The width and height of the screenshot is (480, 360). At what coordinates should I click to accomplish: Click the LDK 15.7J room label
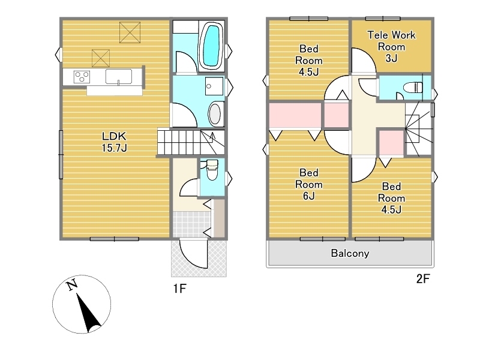click(x=114, y=142)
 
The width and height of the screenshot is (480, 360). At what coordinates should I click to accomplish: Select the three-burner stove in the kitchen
click(x=82, y=77)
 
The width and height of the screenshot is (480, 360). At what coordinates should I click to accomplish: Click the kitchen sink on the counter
click(x=119, y=77)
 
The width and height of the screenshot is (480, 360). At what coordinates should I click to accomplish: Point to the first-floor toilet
click(x=212, y=170)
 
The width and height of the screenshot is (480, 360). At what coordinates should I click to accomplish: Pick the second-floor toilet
click(x=413, y=88)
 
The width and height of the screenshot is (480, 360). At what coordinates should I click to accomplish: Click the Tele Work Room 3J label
click(x=392, y=47)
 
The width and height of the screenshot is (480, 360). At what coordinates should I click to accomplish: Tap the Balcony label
click(x=350, y=253)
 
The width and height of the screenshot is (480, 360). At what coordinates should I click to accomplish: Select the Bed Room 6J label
click(x=308, y=184)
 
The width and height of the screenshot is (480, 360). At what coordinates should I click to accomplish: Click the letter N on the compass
click(x=72, y=286)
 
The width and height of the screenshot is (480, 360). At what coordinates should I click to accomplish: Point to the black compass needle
click(x=88, y=313)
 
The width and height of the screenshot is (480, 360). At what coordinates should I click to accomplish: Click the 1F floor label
click(x=179, y=289)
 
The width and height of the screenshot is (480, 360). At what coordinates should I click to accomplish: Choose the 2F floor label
click(x=423, y=279)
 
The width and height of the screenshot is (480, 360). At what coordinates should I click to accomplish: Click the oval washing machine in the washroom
click(x=215, y=114)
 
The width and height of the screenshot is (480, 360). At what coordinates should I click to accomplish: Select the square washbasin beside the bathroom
click(x=214, y=86)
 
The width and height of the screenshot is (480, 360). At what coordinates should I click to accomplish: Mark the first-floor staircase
click(x=191, y=142)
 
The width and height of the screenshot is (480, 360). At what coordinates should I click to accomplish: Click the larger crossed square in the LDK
click(x=130, y=32)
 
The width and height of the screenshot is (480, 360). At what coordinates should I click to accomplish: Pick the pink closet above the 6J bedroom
click(x=295, y=115)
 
